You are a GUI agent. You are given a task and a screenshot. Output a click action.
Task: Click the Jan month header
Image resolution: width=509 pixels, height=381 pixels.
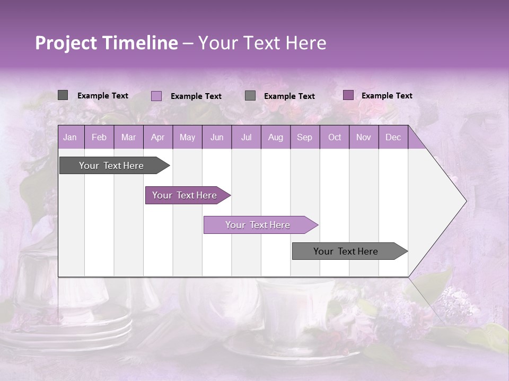point(70,138)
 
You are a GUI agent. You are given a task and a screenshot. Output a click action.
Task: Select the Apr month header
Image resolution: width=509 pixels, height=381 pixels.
point(157,138)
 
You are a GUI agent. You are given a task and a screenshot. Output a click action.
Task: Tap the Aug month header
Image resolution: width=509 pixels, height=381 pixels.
point(275,138)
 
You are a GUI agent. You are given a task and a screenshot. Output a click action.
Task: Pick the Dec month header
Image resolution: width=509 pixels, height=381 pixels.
point(393,138)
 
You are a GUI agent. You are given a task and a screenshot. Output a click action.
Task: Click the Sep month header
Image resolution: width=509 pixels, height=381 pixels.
point(304,138)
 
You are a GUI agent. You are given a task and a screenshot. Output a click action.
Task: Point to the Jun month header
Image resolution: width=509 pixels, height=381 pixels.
point(216,138)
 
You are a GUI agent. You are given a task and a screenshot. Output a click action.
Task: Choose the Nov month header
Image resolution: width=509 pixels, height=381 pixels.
point(363,138)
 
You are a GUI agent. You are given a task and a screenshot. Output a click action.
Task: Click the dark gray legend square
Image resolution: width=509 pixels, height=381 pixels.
point(63,95)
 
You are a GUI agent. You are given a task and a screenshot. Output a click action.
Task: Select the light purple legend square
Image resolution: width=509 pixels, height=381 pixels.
point(156,96)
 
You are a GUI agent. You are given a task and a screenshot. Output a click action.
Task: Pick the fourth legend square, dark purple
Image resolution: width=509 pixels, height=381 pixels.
point(348,95)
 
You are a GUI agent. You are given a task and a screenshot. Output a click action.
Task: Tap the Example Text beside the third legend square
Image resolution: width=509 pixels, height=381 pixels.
point(289,96)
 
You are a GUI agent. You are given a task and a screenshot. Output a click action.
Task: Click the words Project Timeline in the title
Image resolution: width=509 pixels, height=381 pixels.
point(106,43)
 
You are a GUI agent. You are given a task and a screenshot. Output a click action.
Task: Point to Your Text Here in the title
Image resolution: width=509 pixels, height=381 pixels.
point(262,43)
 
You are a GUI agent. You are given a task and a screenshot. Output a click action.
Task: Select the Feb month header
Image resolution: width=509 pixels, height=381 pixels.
point(99,138)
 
